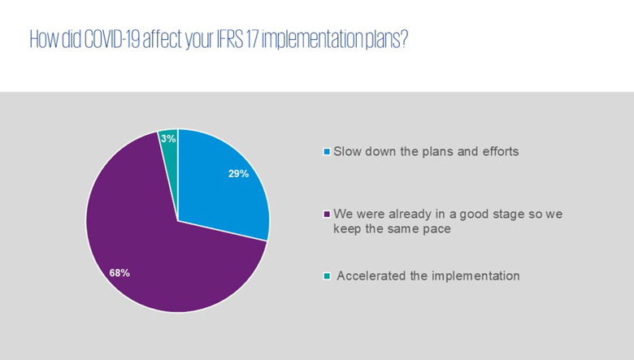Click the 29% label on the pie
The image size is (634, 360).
click(x=238, y=174)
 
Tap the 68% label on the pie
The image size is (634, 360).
click(x=119, y=273)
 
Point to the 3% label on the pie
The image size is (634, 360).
click(x=168, y=139)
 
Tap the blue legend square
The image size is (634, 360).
click(x=327, y=152)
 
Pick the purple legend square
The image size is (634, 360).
click(x=327, y=215)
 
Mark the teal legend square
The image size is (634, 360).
click(x=327, y=276)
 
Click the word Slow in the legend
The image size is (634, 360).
click(x=347, y=151)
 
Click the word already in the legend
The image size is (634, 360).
click(x=410, y=215)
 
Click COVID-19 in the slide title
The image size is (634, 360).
click(x=112, y=39)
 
